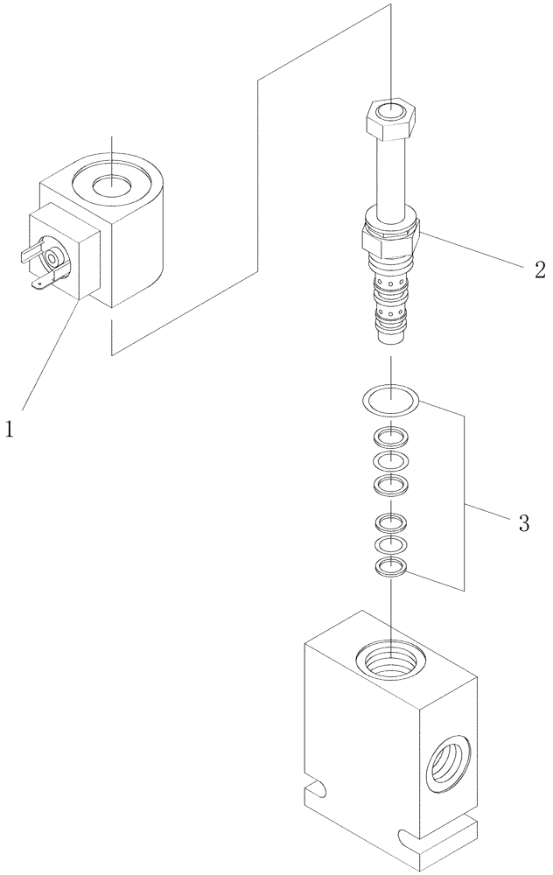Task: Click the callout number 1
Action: (x=10, y=429)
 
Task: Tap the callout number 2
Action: (x=540, y=269)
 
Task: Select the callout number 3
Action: (x=523, y=523)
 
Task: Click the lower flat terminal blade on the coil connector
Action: (x=41, y=282)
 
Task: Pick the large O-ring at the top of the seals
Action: (x=390, y=400)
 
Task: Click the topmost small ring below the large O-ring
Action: (x=390, y=437)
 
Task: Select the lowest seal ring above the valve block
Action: (x=390, y=569)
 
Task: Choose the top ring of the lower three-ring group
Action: (x=390, y=523)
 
